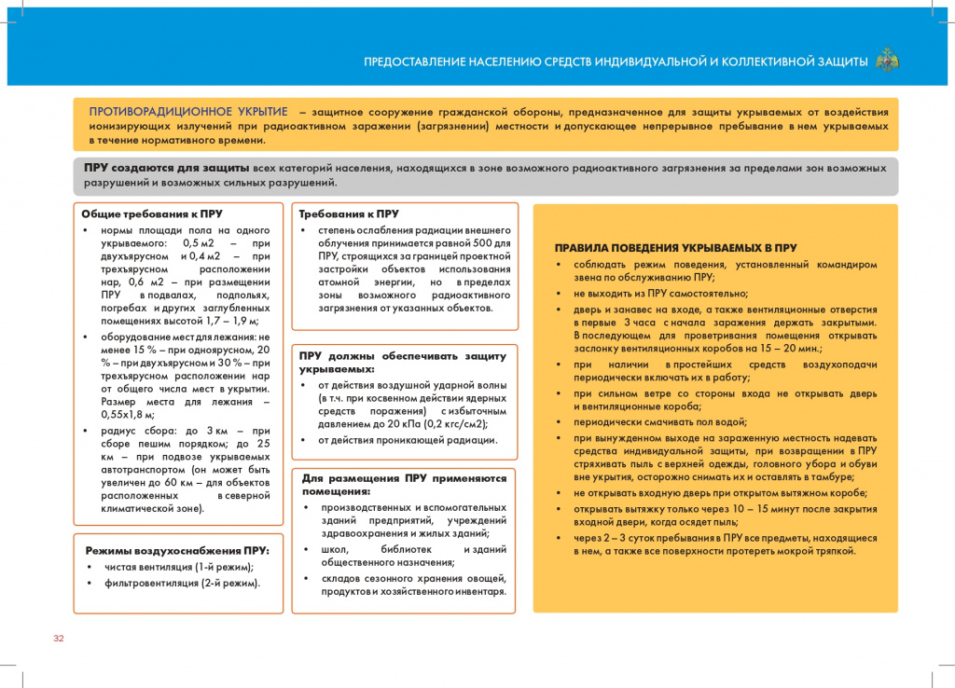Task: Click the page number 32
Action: (58, 639)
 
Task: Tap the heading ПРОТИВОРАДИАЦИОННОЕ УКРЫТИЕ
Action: (187, 112)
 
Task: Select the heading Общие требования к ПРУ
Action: (152, 213)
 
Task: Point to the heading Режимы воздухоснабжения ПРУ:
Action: (177, 550)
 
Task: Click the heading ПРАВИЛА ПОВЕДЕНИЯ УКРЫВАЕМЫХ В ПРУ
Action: (675, 248)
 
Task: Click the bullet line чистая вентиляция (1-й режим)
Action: (178, 567)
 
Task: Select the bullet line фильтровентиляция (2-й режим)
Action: (181, 583)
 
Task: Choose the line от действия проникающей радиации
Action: (408, 440)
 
